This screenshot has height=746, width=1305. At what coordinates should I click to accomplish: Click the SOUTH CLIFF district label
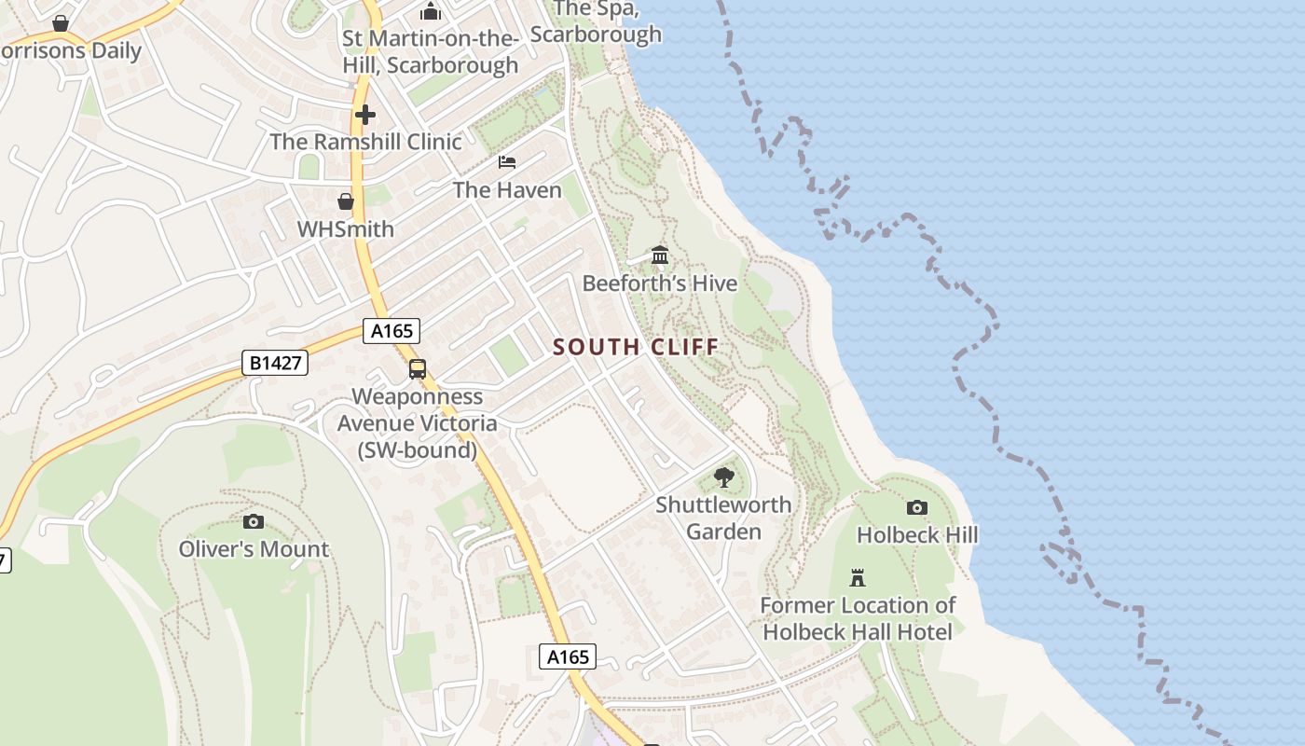pyautogui.click(x=636, y=347)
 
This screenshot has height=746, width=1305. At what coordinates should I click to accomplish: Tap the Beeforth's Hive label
pyautogui.click(x=660, y=283)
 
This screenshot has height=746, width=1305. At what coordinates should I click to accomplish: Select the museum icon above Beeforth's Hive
pyautogui.click(x=660, y=255)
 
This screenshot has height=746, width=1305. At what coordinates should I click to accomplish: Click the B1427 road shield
pyautogui.click(x=277, y=362)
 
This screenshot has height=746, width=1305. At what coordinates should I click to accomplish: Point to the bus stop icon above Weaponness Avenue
pyautogui.click(x=418, y=369)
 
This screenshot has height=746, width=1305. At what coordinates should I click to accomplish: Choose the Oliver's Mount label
pyautogui.click(x=254, y=548)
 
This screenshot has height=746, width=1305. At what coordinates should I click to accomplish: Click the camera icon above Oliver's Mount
pyautogui.click(x=253, y=521)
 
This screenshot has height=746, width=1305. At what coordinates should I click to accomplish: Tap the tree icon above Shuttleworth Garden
pyautogui.click(x=723, y=477)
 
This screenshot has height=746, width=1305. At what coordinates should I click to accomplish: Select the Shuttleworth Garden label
pyautogui.click(x=723, y=518)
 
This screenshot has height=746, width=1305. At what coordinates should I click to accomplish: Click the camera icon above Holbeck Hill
pyautogui.click(x=917, y=507)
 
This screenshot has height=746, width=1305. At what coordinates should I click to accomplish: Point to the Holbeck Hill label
pyautogui.click(x=917, y=534)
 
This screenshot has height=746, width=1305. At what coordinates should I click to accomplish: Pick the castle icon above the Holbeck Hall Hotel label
pyautogui.click(x=858, y=578)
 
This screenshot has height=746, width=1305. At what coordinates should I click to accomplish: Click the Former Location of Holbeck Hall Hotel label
pyautogui.click(x=858, y=618)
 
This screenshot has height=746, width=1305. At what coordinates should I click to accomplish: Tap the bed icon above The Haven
pyautogui.click(x=507, y=162)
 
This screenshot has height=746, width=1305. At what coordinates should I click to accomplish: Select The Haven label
pyautogui.click(x=507, y=190)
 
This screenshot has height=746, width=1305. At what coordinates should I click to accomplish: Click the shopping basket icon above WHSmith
pyautogui.click(x=346, y=201)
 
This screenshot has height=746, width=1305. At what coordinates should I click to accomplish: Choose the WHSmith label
pyautogui.click(x=346, y=228)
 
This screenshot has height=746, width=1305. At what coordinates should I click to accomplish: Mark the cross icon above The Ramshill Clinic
pyautogui.click(x=365, y=115)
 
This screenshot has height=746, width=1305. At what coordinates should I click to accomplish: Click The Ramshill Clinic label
pyautogui.click(x=365, y=142)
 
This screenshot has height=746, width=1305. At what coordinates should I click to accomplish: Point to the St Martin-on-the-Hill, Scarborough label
pyautogui.click(x=430, y=52)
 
